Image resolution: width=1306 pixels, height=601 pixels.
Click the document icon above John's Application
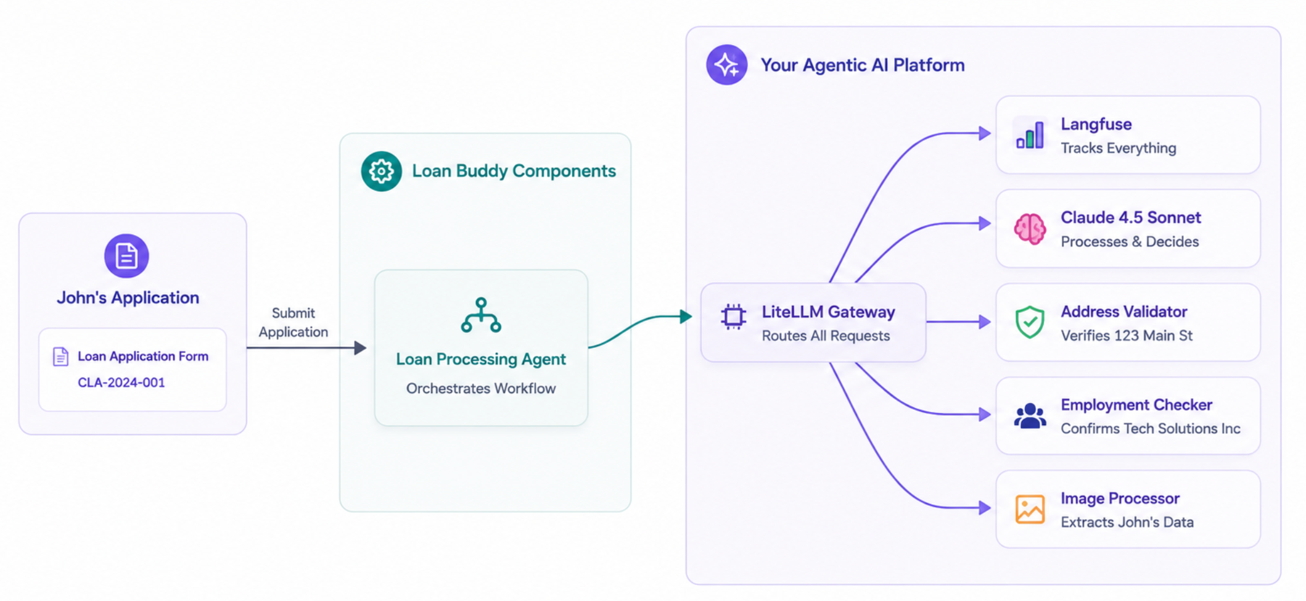[126, 255]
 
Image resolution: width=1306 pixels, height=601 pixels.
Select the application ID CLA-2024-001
[121, 383]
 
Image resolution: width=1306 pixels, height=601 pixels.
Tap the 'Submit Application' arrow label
[294, 322]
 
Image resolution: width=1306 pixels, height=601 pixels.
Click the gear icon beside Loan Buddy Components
[382, 171]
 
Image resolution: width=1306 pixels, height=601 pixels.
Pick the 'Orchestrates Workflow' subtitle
[481, 389]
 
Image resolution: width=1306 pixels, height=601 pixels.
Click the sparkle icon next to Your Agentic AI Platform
[727, 65]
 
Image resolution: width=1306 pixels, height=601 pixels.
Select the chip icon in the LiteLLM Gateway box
[733, 317]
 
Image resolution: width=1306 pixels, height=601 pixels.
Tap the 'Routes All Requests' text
[826, 336]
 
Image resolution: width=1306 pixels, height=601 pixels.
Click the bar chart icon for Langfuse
[1030, 135]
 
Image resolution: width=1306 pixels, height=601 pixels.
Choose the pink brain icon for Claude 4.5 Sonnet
[1030, 229]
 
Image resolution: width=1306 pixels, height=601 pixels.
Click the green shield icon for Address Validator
[1030, 322]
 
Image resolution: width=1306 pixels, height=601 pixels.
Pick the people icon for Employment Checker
[1030, 416]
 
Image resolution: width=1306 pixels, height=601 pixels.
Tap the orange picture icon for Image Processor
[1030, 510]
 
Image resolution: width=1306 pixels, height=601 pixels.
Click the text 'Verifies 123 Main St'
[1127, 336]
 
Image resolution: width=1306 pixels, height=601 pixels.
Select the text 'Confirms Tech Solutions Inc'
[1151, 429]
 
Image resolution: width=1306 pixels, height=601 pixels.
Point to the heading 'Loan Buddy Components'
[514, 171]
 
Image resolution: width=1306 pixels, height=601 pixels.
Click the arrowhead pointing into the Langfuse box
[985, 133]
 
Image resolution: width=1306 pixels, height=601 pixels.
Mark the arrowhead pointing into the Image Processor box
[985, 508]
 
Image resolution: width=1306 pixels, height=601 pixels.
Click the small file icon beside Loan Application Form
[60, 357]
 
